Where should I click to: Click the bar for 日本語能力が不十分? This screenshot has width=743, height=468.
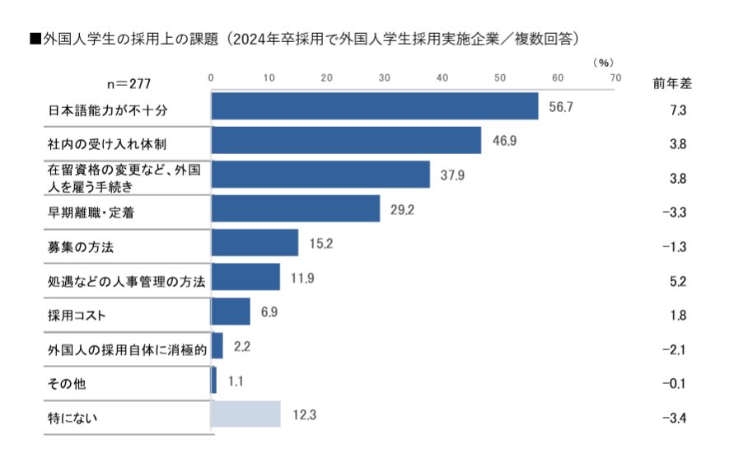point(375,106)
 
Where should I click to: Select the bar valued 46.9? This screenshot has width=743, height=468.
point(346,141)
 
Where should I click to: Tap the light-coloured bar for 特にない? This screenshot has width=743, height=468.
point(245,414)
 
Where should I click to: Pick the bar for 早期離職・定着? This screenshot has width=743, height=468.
point(296,209)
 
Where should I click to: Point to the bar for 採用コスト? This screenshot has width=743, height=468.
point(231,311)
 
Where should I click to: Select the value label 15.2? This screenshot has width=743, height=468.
point(320,244)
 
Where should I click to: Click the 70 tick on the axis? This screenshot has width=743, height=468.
point(614,77)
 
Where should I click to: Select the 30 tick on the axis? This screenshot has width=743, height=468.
point(385,77)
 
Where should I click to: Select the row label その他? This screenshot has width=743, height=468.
point(67,383)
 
